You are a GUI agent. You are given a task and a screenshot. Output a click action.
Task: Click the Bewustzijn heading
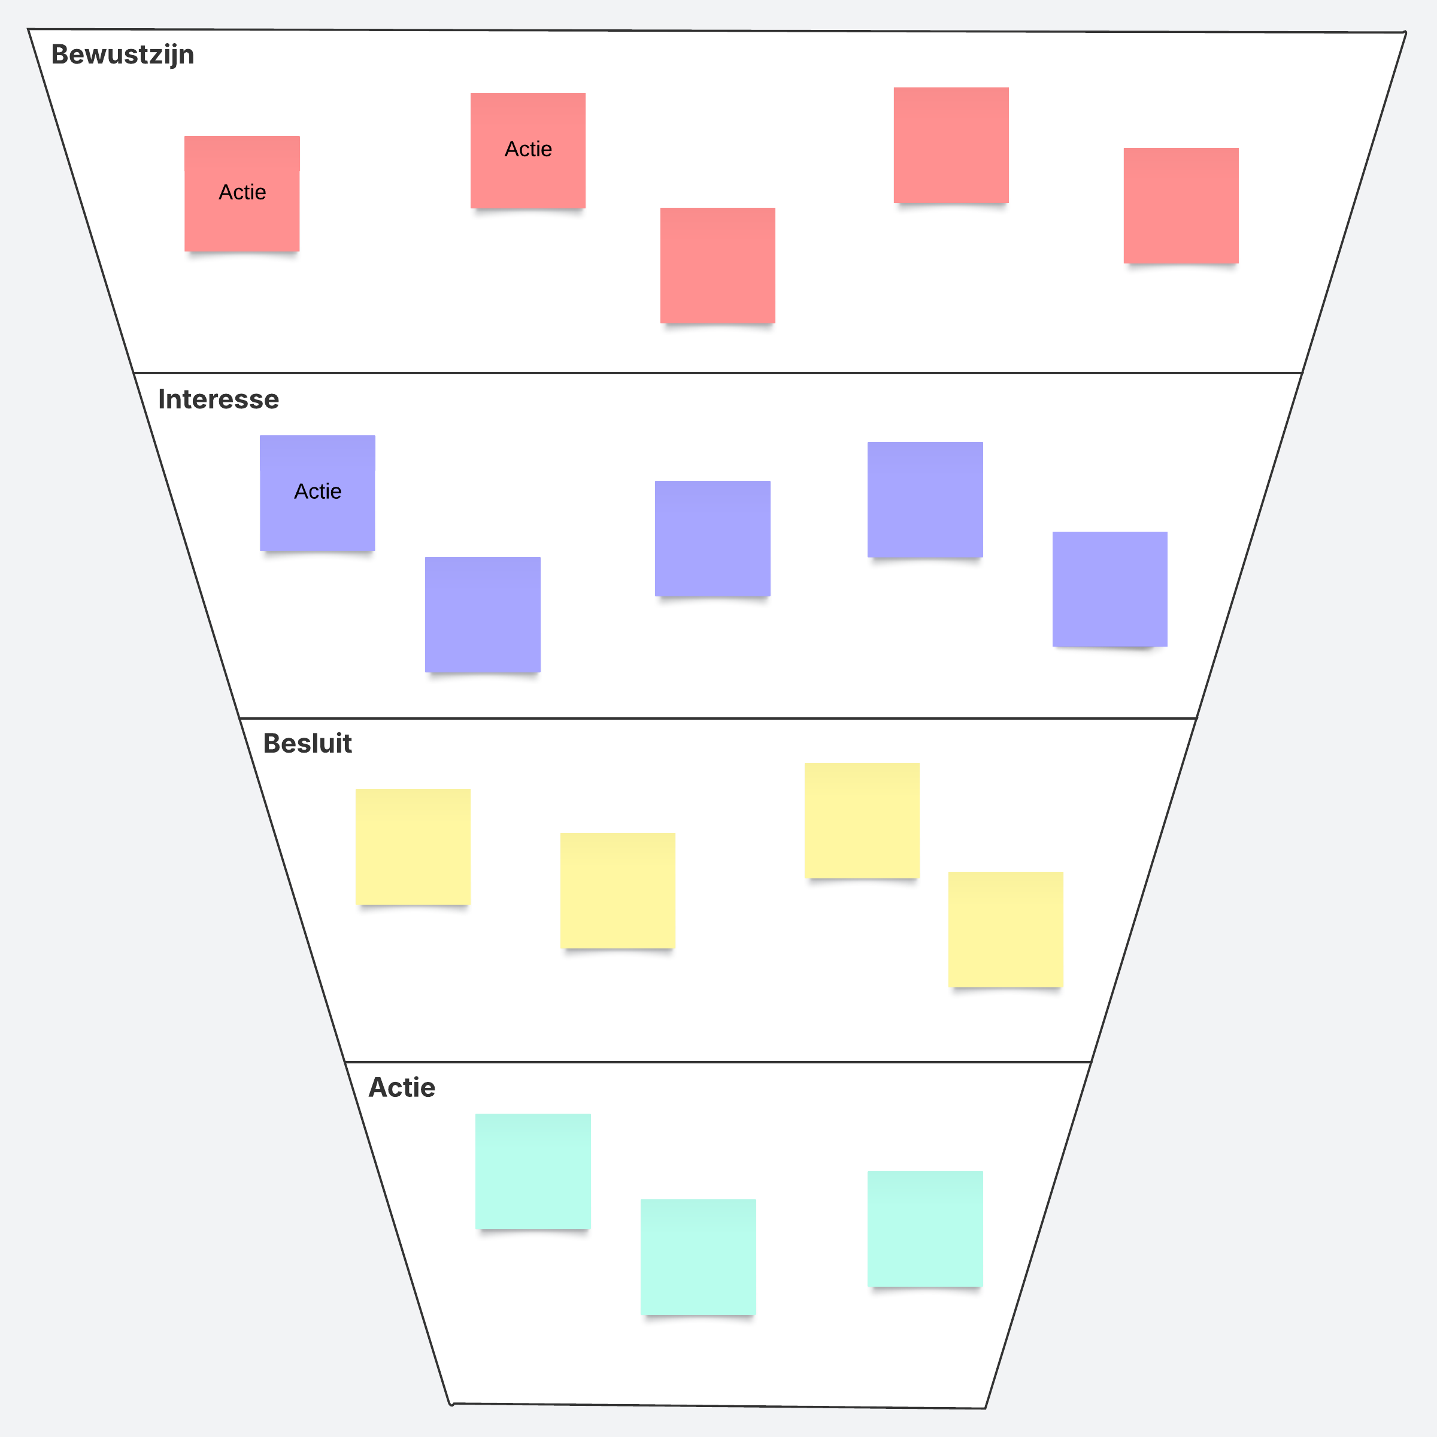click(x=123, y=55)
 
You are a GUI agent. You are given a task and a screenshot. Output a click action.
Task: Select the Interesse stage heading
click(x=219, y=399)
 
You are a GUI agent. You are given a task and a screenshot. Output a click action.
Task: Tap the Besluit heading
click(x=307, y=743)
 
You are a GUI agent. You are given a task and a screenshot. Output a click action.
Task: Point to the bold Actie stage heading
click(x=402, y=1087)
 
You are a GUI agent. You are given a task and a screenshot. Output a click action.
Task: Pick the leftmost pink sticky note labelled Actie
click(x=242, y=193)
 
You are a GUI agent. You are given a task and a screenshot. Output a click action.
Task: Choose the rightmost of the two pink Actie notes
click(x=528, y=150)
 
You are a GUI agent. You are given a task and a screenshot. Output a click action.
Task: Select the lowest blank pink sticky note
click(x=718, y=265)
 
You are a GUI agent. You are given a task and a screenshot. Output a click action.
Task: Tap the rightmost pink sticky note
click(x=1181, y=205)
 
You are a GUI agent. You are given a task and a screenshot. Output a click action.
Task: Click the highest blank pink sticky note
click(x=951, y=145)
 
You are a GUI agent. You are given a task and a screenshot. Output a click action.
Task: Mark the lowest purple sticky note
click(x=483, y=614)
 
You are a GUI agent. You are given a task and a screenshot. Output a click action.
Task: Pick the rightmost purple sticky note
click(x=1109, y=589)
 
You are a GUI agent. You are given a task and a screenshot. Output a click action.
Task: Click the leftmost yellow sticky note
click(x=413, y=847)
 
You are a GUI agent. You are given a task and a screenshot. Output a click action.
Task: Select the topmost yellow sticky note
click(x=862, y=820)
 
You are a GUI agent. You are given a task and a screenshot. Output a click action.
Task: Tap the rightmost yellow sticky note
click(x=1006, y=930)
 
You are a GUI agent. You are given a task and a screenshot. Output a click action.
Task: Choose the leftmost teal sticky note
click(x=533, y=1172)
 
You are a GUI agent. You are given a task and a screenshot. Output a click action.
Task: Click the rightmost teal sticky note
click(x=925, y=1229)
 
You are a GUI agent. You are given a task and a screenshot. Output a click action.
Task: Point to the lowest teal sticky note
click(x=698, y=1257)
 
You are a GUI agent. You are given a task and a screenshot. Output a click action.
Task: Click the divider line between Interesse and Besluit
click(x=718, y=718)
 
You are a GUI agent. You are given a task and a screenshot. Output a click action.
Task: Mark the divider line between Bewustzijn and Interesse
click(x=718, y=372)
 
